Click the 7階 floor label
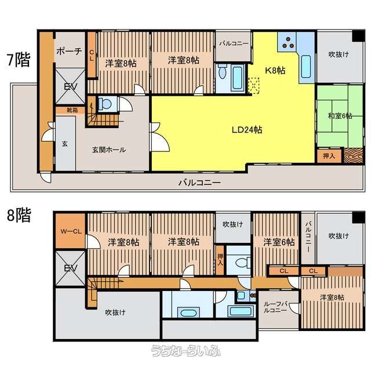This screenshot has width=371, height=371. click(x=19, y=60)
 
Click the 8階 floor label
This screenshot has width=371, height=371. click(x=19, y=215)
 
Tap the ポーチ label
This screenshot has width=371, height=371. click(x=70, y=50)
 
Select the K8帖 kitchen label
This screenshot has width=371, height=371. click(x=275, y=70)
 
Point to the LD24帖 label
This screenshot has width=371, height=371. click(x=247, y=130)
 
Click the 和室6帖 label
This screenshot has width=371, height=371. click(x=340, y=116)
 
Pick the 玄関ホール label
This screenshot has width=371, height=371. click(x=109, y=150)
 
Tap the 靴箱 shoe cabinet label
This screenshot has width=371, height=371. click(x=72, y=110)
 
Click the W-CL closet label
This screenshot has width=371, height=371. click(x=71, y=231)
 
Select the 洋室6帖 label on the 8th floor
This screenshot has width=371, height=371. click(x=279, y=242)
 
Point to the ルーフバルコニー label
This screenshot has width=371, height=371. click(x=275, y=307)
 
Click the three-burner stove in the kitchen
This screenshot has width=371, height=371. click(x=288, y=42)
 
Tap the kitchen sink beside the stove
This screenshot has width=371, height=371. click(x=306, y=66)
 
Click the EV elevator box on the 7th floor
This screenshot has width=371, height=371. click(x=70, y=86)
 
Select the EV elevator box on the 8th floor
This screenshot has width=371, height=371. click(x=70, y=268)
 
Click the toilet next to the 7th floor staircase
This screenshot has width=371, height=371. click(x=105, y=104)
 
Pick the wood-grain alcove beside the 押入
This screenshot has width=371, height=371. click(x=353, y=156)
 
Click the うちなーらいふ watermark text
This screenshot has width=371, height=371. click(x=186, y=351)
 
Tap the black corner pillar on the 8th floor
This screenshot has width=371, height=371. click(x=358, y=217)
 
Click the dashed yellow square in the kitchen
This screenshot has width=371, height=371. click(x=253, y=86)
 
